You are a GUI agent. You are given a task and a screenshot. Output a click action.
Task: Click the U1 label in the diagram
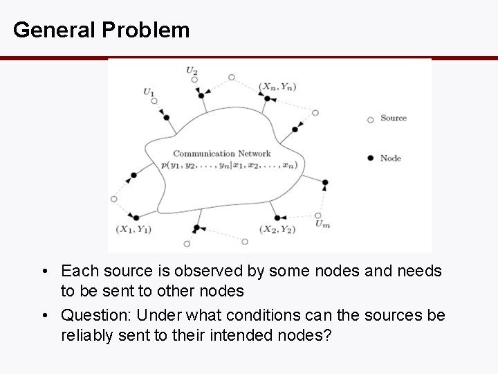coord(149,91)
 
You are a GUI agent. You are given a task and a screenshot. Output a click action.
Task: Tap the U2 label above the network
coord(192,69)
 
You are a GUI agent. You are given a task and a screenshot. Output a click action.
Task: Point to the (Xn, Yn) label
coord(277,86)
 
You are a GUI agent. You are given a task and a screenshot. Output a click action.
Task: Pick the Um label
coord(322,224)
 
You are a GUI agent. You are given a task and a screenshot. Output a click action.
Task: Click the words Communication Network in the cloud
coord(222,154)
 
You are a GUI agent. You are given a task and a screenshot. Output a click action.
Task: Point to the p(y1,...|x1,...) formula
coord(229,165)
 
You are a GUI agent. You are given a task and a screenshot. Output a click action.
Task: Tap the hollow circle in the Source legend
coord(371,119)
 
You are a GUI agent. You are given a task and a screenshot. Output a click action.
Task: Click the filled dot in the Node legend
coord(371,158)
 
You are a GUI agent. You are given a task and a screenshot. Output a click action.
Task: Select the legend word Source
coord(394,118)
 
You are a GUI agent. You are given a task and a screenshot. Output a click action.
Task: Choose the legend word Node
coord(391,158)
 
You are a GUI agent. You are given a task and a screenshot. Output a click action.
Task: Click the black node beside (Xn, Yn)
coord(267,98)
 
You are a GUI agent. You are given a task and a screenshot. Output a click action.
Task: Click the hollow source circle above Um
coord(318,215)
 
